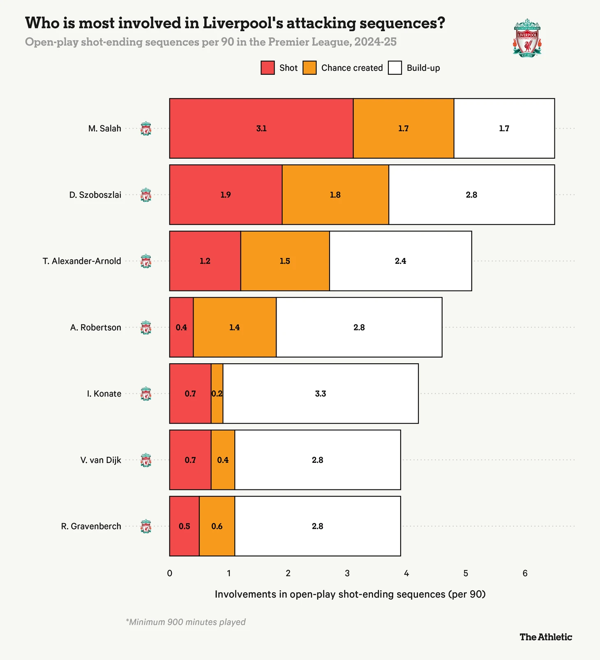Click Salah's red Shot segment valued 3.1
pos(261,128)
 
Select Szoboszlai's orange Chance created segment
pos(335,195)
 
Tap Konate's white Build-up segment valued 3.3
pos(321,394)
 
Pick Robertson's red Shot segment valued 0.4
pos(181,328)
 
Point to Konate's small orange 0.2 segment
pos(217,394)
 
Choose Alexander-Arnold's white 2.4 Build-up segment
pos(401,261)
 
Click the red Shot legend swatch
pos(268,68)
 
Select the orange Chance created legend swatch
pos(309,68)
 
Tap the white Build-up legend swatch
pos(395,68)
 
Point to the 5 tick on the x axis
pos(466,573)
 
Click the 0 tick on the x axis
pos(170,573)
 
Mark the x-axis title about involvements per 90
pos(350,594)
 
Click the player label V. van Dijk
pos(101,460)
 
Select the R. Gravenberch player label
pos(91,526)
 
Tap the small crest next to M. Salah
pos(146,129)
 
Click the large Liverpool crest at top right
pos(527,38)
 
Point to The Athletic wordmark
pos(546,637)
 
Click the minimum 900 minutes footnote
pos(186,622)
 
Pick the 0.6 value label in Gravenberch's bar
pos(217,526)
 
